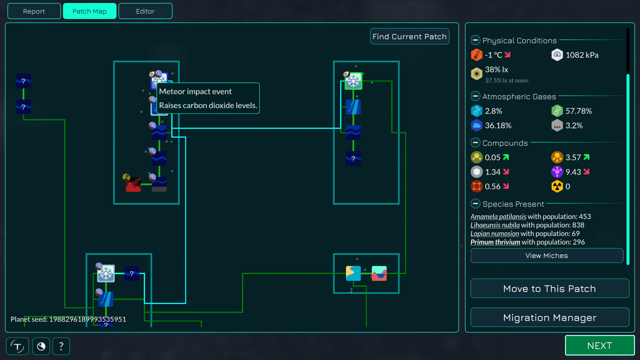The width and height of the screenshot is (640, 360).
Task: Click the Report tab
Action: [34, 11]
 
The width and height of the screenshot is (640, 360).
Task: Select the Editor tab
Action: [145, 11]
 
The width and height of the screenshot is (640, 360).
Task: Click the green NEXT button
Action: [599, 346]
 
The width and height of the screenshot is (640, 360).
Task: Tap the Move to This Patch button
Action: [549, 289]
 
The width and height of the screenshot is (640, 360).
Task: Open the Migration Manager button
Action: [549, 318]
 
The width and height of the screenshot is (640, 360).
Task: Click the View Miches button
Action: [546, 256]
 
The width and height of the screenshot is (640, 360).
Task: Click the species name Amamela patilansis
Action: [498, 217]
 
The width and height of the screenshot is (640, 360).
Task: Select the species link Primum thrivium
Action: [495, 242]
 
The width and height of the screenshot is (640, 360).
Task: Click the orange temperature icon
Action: [476, 55]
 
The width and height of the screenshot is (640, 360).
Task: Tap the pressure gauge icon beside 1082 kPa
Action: [557, 55]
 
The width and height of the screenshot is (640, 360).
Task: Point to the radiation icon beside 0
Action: [557, 187]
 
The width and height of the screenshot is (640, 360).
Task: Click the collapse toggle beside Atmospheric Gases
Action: [475, 96]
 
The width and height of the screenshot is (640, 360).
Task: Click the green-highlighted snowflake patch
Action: [353, 81]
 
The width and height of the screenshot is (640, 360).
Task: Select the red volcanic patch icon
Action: [133, 184]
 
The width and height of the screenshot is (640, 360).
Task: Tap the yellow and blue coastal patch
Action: [353, 273]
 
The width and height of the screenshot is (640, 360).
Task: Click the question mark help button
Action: [61, 346]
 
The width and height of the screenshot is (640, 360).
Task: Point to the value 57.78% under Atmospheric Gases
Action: [579, 111]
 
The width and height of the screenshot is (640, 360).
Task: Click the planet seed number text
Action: [87, 319]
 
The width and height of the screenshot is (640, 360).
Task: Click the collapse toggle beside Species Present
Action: [475, 204]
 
